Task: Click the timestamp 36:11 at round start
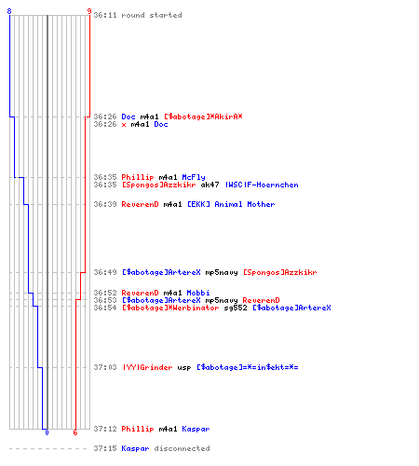[105, 15]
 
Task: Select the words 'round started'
[152, 15]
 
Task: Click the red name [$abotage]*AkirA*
[203, 116]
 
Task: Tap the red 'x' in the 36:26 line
[124, 125]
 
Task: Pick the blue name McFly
[194, 177]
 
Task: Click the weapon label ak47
[209, 185]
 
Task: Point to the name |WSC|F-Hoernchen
[262, 185]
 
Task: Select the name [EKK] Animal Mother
[231, 204]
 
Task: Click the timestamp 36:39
[105, 204]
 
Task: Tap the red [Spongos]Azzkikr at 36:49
[280, 272]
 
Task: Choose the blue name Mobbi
[198, 293]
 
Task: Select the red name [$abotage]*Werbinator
[170, 308]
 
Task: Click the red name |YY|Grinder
[147, 367]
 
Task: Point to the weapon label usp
[184, 368]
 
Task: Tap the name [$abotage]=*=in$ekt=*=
[248, 367]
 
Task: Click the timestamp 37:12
[105, 429]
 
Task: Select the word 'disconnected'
[182, 448]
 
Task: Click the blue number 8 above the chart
[9, 11]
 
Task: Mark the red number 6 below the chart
[75, 432]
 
